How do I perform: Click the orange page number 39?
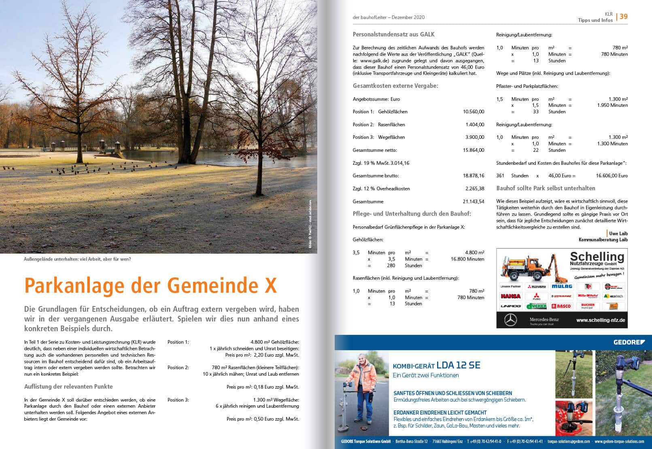[x=624, y=17]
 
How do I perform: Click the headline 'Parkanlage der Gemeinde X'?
[x=151, y=285]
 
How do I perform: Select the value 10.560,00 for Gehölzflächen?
[x=474, y=112]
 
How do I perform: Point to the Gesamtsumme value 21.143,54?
[x=474, y=202]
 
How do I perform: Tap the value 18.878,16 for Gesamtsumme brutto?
[x=474, y=176]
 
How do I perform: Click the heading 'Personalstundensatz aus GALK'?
[x=393, y=35]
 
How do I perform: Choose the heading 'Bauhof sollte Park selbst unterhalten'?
[x=546, y=188]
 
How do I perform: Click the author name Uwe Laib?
[x=618, y=234]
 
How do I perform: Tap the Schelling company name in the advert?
[x=597, y=257]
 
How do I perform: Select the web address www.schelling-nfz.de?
[x=601, y=320]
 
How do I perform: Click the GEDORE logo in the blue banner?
[x=629, y=343]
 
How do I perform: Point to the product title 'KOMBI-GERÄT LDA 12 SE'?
[x=436, y=365]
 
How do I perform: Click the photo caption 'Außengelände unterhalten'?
[x=77, y=259]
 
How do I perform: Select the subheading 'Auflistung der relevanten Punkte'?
[x=68, y=387]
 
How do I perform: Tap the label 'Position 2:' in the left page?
[x=178, y=368]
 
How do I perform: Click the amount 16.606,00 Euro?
[x=612, y=176]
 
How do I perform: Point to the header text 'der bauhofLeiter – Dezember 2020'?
[x=389, y=17]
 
